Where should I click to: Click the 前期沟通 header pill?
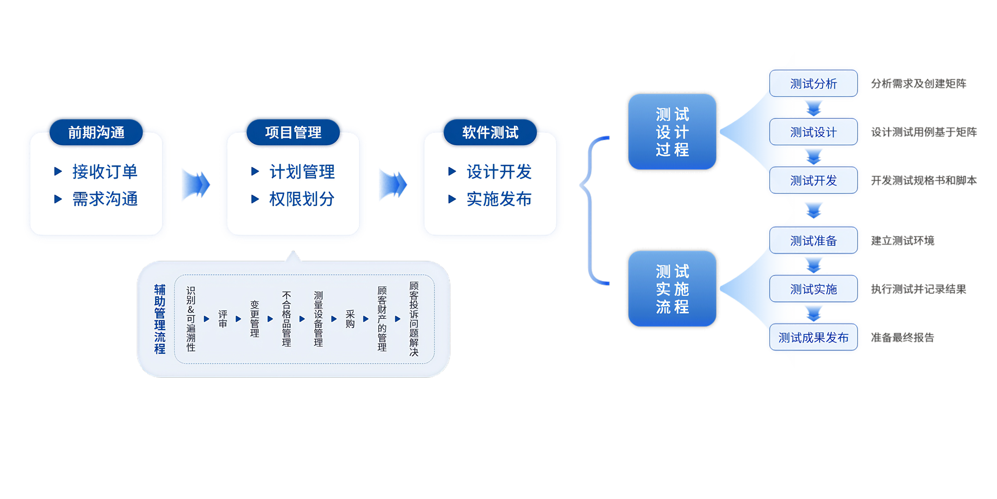coord(96,132)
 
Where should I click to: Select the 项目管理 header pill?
coord(293,132)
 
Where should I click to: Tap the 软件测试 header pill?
coord(490,132)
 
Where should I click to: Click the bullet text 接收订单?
coord(105,172)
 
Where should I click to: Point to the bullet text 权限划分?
coord(302,199)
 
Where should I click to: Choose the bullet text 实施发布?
coord(499,199)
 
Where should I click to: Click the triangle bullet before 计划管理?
coord(255,172)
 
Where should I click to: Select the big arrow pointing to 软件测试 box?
coord(393,185)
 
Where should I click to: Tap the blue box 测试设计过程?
coord(672,132)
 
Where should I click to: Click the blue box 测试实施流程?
coord(672,289)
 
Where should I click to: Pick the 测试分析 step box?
coord(813,83)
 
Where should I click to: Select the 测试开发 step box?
coord(813,180)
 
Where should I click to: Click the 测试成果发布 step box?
coord(813,337)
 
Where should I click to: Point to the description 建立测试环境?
coord(902,241)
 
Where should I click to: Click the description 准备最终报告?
coord(902,337)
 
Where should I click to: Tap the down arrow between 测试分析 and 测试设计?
coord(814,108)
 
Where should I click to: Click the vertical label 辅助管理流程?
coord(160,319)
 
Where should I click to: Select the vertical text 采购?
coord(350,319)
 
